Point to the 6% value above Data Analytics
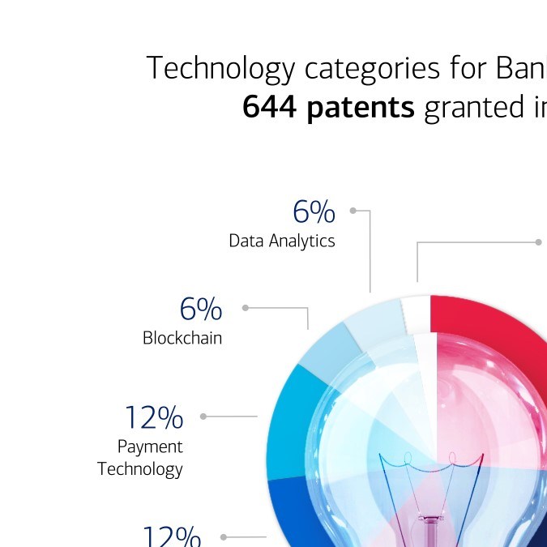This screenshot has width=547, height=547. (314, 212)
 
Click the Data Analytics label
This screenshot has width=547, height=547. (281, 241)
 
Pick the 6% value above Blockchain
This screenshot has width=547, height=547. (200, 309)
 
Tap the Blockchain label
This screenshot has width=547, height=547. (182, 338)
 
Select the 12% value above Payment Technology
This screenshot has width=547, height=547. (154, 418)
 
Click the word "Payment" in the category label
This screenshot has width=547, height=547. (150, 447)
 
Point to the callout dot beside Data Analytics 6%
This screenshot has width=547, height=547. (353, 211)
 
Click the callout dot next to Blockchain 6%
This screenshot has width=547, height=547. (246, 308)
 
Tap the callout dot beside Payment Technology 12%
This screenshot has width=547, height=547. (203, 417)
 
